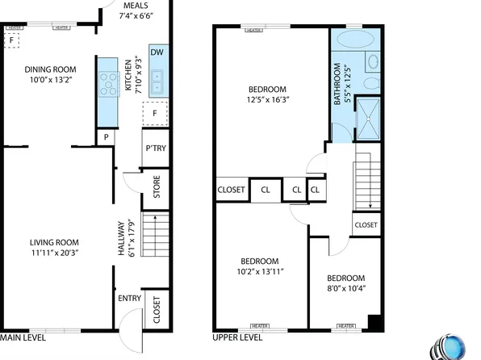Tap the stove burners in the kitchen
pos(107,80)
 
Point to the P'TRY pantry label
pos(154,149)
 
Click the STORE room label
pos(157,192)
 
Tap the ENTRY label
pos(129,299)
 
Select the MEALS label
pos(136,6)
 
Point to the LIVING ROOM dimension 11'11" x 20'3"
pos(54,253)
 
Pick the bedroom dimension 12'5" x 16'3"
pos(267,99)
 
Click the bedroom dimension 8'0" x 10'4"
pos(345,288)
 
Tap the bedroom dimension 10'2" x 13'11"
pos(259,272)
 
